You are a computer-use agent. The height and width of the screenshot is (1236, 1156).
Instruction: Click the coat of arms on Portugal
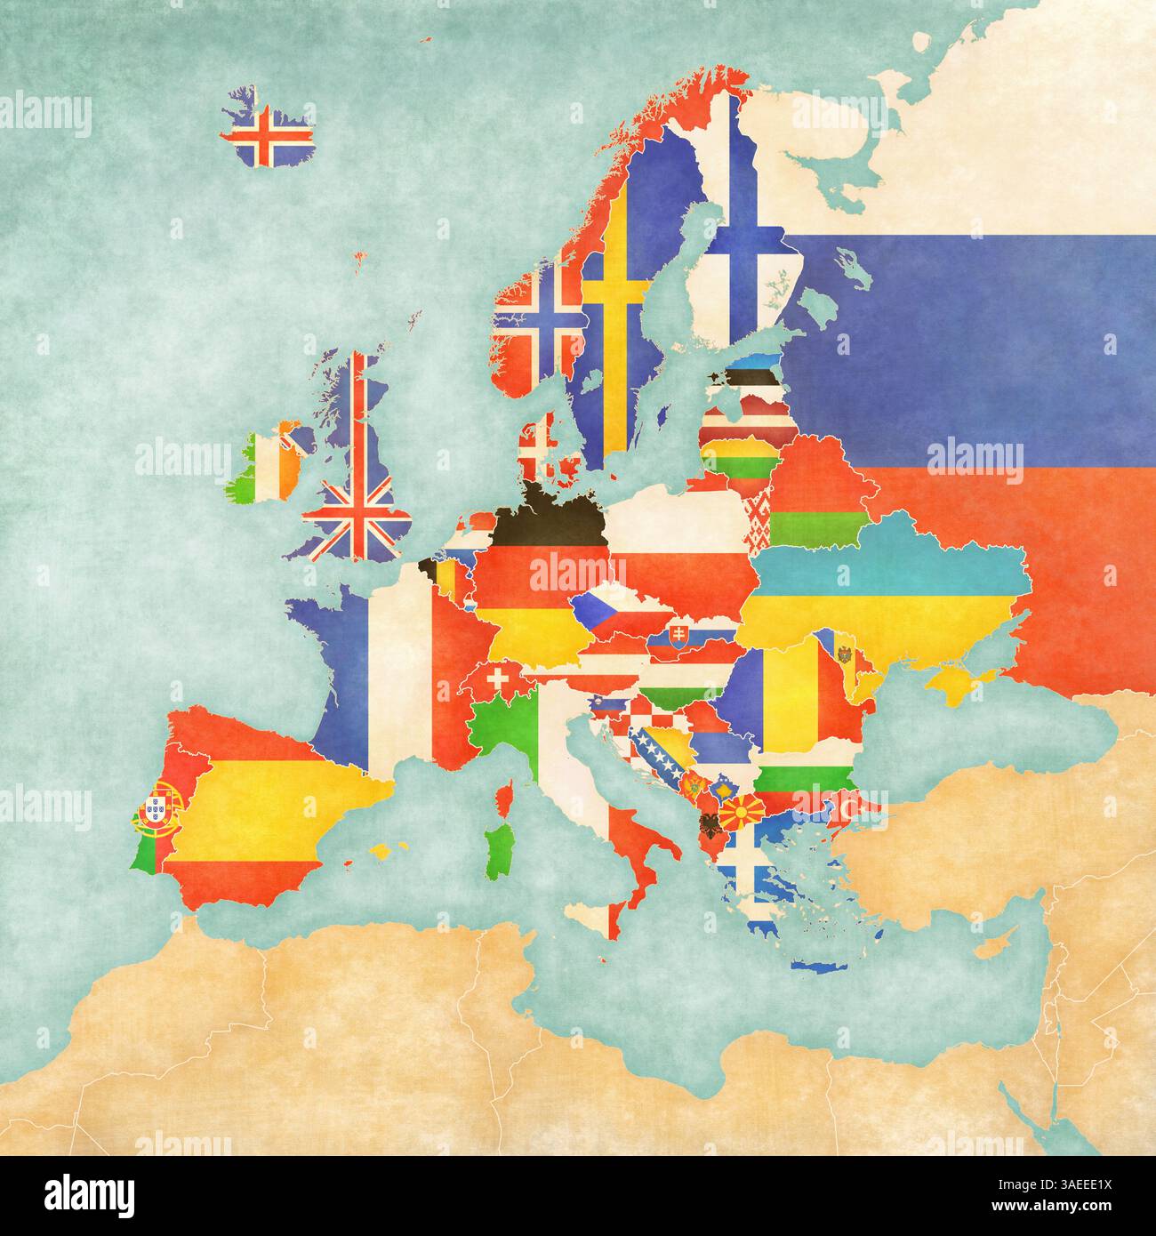coord(164,798)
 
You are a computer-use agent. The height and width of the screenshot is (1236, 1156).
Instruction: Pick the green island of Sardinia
coord(501,849)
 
